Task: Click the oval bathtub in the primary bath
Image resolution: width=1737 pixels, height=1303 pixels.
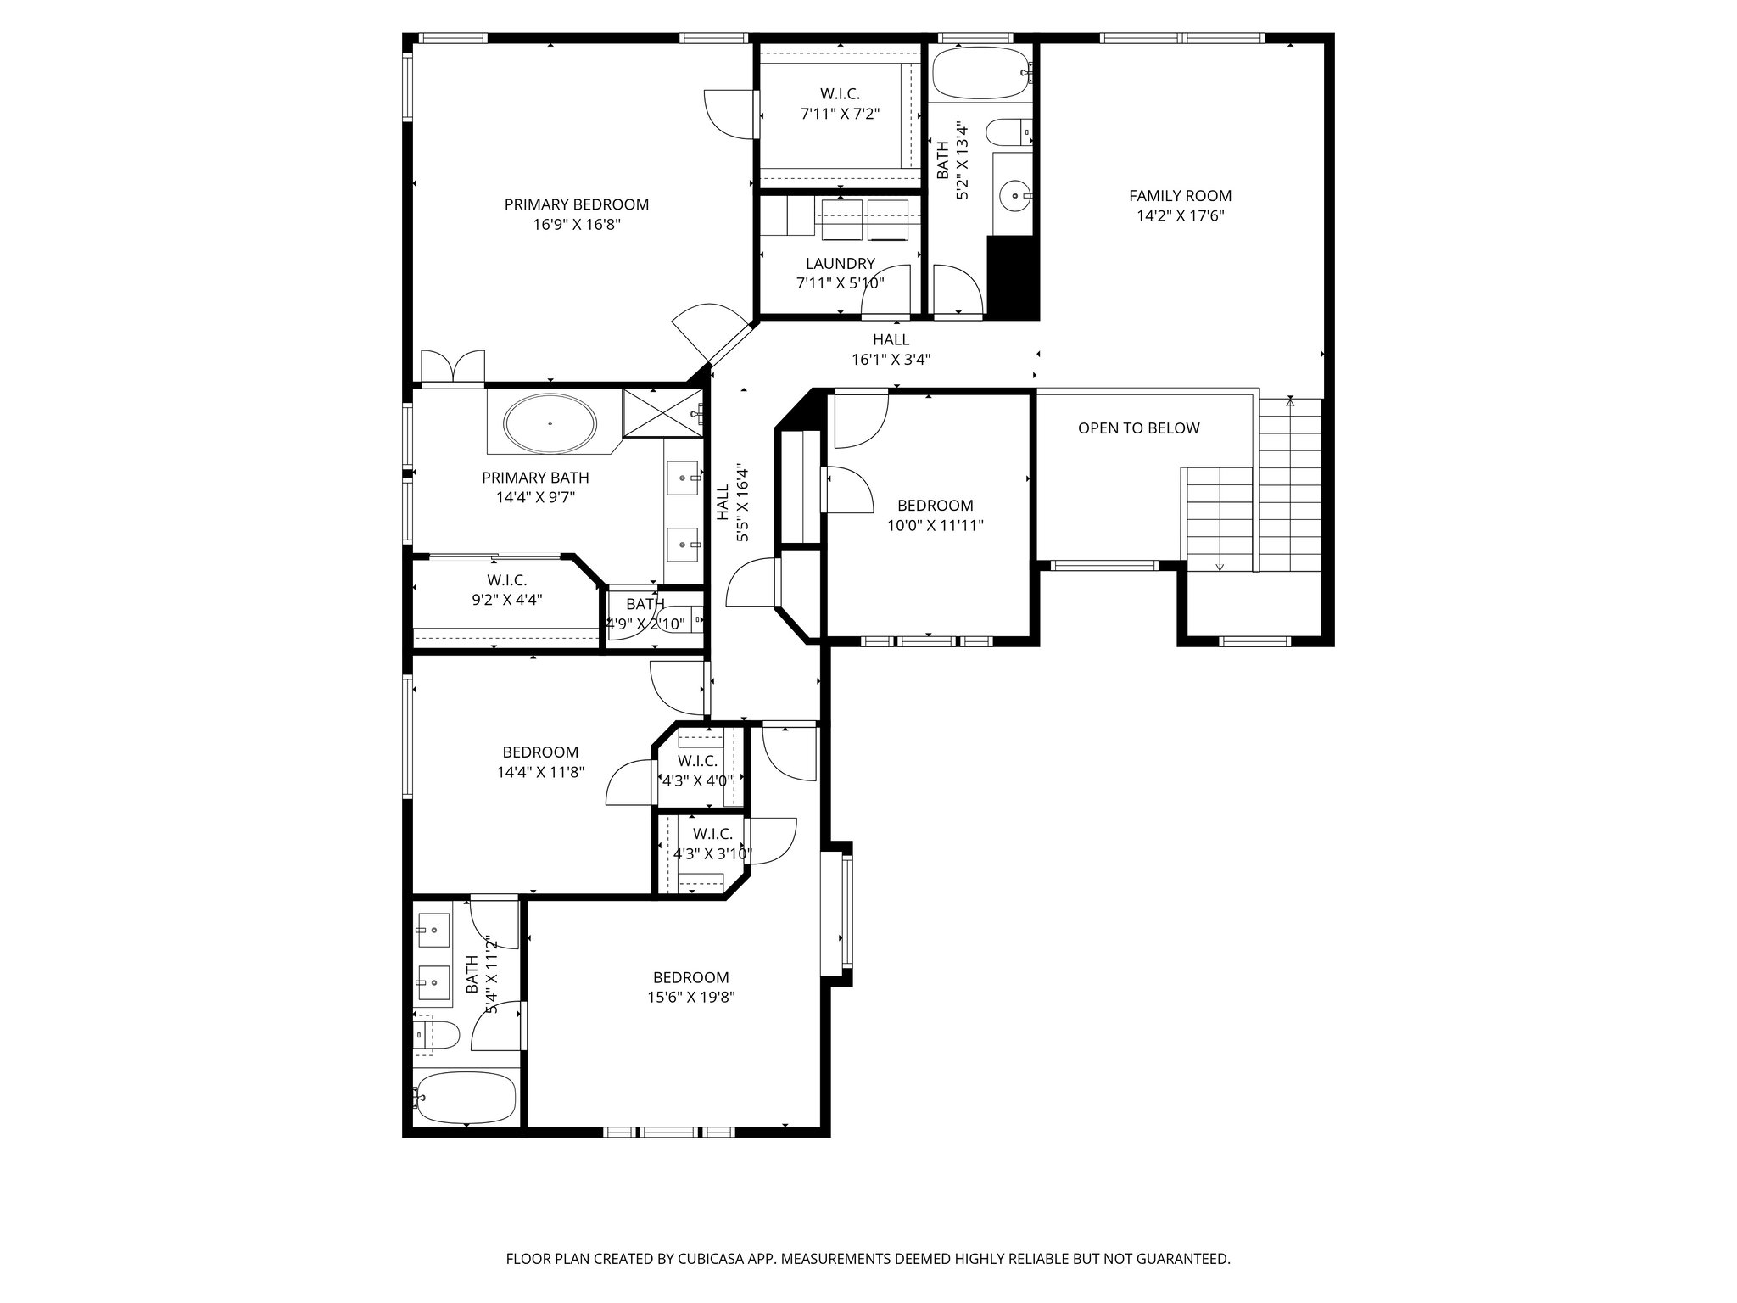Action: pos(550,422)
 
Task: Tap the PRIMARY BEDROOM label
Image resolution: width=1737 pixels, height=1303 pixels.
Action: pos(576,204)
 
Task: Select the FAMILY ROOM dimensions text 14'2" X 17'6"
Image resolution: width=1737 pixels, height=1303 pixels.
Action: pos(1180,216)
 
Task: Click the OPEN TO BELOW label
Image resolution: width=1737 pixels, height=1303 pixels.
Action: pos(1138,428)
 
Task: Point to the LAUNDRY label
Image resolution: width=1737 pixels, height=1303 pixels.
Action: pos(840,264)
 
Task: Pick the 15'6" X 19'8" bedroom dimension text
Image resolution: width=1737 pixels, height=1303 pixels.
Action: pos(690,998)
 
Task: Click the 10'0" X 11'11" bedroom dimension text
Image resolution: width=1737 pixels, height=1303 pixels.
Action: pos(935,525)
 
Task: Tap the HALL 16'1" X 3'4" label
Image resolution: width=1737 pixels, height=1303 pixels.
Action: pos(891,350)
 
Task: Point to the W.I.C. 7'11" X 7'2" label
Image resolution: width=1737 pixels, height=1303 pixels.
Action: pos(840,103)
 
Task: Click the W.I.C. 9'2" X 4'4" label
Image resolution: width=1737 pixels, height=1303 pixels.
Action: pos(506,590)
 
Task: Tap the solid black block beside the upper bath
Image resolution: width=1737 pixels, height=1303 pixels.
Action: pos(1013,277)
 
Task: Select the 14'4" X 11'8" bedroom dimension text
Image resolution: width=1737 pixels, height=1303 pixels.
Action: pos(540,773)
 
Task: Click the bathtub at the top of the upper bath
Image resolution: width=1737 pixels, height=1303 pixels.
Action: pos(980,75)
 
